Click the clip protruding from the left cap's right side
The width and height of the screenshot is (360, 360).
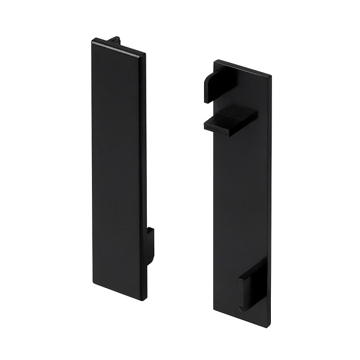(x=150, y=246)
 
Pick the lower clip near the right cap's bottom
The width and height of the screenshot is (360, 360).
(x=252, y=283)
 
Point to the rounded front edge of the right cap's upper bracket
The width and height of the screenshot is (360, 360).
(x=205, y=91)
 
